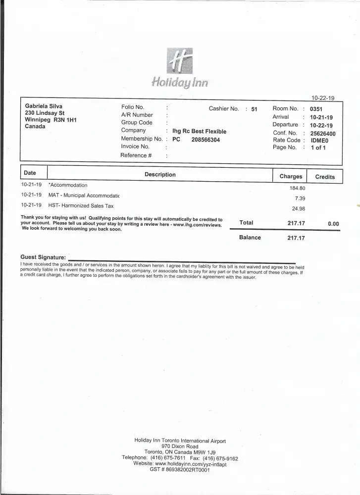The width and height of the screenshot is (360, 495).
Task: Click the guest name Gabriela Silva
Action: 44,106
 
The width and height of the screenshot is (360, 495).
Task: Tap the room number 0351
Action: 316,109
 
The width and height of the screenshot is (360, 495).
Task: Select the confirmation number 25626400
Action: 322,133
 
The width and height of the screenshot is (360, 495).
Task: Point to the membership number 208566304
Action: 206,140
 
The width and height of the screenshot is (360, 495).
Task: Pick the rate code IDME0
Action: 319,141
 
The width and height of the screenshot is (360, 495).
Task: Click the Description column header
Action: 160,175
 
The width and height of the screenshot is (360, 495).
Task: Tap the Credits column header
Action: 325,177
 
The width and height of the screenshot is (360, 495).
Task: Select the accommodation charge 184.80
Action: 297,188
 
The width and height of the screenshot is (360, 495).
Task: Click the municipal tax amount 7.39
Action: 300,198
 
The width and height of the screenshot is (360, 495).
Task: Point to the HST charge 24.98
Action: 299,208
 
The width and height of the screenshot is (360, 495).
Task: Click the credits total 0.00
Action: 333,224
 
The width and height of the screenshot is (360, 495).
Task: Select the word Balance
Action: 250,238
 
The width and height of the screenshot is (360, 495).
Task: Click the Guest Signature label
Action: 43,257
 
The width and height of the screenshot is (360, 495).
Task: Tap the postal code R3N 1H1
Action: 65,120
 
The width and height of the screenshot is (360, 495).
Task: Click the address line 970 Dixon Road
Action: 180,446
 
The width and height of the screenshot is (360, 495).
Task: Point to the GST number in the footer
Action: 180,470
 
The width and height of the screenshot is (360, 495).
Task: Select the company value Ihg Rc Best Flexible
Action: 199,132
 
